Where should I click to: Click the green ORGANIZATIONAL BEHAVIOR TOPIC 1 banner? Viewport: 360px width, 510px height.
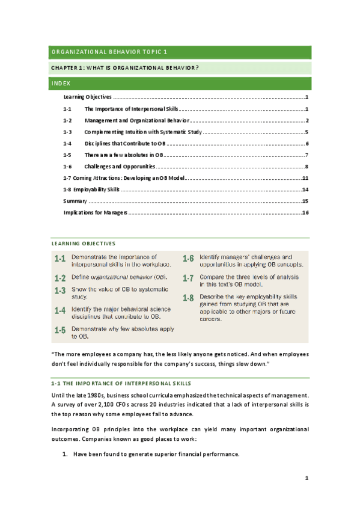[x=179, y=52]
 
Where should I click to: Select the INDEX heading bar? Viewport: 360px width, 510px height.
[x=179, y=83]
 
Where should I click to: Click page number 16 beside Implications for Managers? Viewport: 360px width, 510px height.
[x=305, y=212]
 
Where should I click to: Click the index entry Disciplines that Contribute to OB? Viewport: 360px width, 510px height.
[x=124, y=143]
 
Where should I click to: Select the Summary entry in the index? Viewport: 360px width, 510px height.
[x=75, y=201]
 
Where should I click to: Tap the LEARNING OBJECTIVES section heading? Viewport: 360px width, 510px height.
[x=83, y=243]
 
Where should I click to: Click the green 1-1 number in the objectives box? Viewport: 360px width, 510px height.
[x=59, y=260]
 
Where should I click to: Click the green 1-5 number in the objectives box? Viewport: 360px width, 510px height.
[x=59, y=330]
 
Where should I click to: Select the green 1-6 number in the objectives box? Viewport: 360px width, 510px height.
[x=188, y=259]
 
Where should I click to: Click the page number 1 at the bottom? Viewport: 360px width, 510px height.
[x=307, y=479]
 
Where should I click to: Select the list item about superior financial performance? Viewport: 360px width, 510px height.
[x=156, y=454]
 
